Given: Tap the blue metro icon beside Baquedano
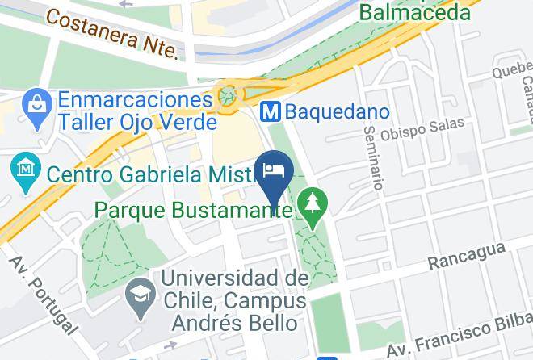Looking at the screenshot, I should coord(271,111).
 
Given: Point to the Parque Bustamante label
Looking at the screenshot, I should coord(193,210).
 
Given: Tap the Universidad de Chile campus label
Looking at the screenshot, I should coord(234,301).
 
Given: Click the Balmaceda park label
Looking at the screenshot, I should coord(414,12).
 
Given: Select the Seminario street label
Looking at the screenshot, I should coord(373,157).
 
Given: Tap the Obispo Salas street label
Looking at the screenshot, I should coord(423,128).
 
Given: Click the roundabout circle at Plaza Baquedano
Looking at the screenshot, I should coord(230,96).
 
